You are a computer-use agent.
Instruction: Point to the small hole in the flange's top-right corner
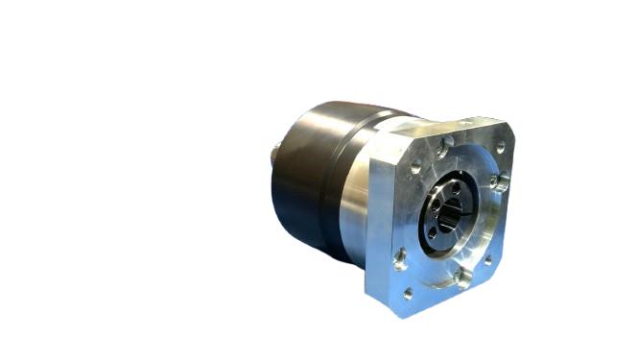pos(499,147)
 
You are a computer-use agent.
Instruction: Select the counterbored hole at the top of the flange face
pos(447,146)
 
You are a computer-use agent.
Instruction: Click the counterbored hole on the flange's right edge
pos(500,181)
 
